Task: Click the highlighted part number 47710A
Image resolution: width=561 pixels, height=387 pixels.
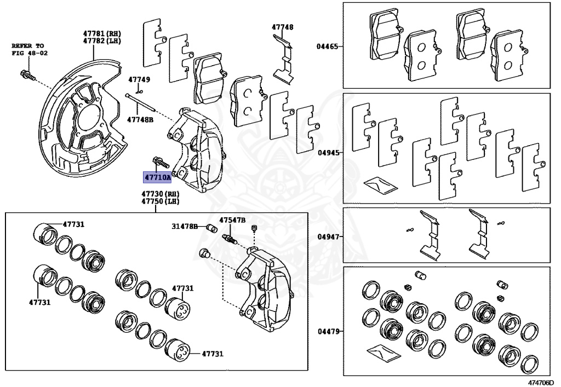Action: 157,177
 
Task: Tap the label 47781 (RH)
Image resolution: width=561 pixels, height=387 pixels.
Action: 101,33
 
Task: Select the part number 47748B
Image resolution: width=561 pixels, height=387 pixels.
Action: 140,119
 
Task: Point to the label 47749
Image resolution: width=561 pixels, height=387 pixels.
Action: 139,79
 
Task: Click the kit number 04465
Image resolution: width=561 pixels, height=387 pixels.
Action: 327,47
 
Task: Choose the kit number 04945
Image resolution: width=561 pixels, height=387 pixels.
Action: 327,153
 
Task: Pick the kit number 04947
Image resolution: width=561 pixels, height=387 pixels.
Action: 327,237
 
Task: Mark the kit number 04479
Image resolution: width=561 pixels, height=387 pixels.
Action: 327,331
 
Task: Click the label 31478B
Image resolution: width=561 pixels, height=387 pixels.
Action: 184,226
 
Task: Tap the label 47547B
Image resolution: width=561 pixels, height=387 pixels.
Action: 232,220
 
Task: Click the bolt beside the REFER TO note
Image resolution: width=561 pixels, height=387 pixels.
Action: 26,74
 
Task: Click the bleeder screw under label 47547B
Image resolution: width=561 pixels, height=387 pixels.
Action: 230,239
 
